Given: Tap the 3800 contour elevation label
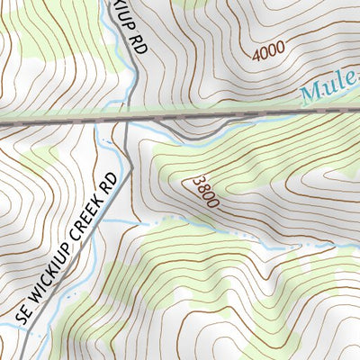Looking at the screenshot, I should click(x=204, y=192).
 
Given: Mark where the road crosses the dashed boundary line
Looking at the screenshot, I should click(x=130, y=115).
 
